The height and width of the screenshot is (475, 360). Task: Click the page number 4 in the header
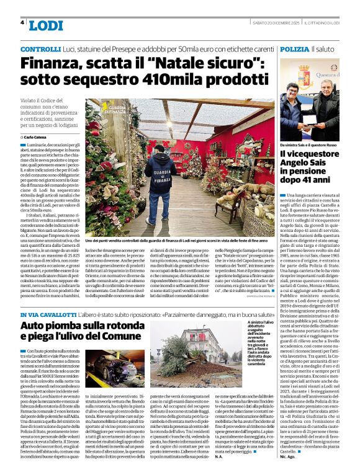(x=22, y=22)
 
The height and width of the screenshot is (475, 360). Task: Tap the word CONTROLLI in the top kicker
(x=40, y=48)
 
